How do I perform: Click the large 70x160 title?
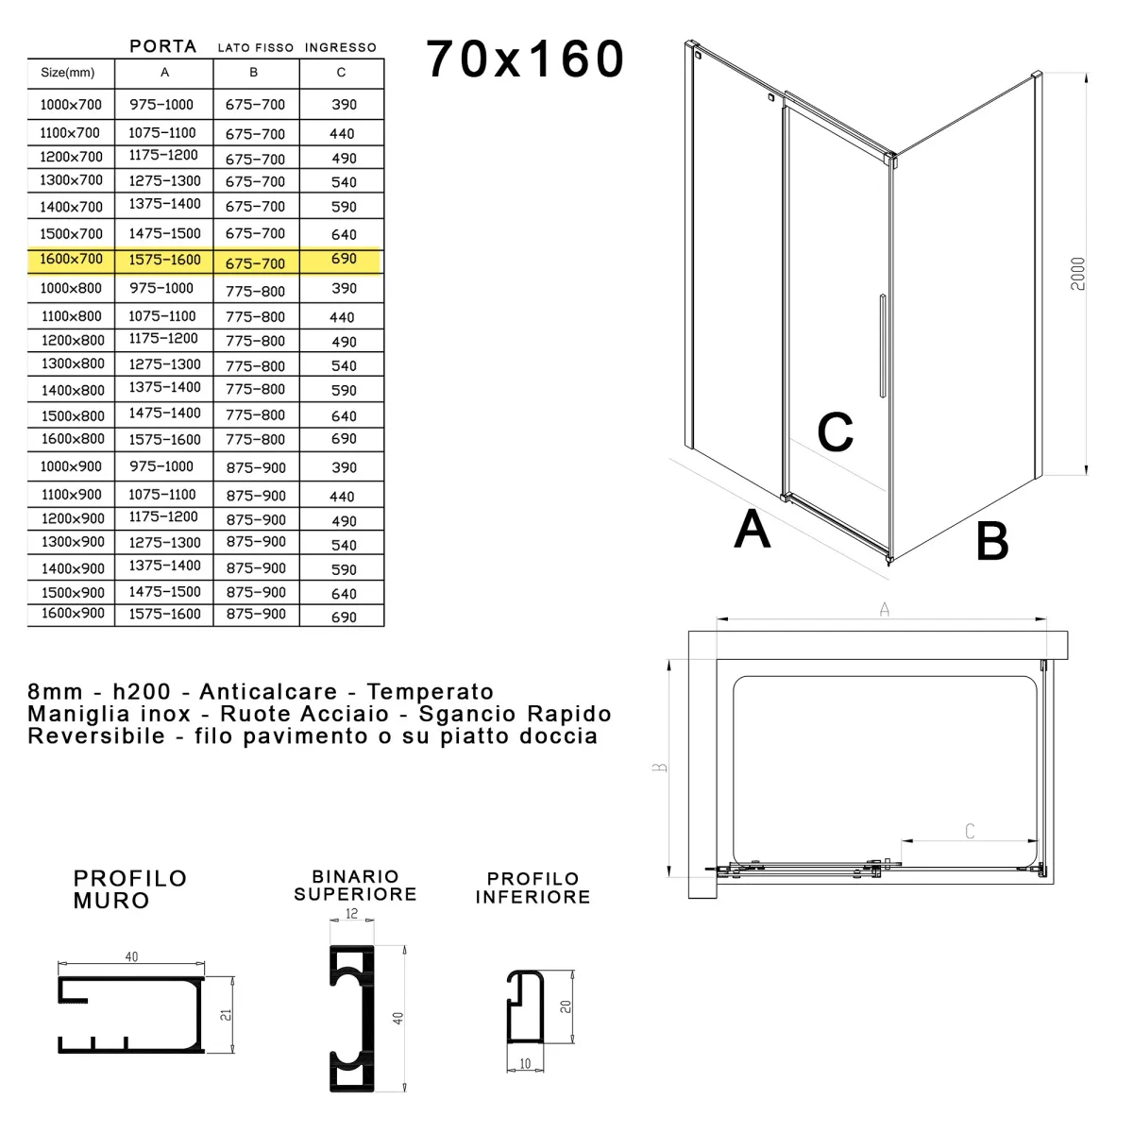point(525,59)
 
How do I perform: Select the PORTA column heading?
point(163,46)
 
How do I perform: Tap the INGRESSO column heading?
point(341,47)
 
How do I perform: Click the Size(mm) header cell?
point(68,73)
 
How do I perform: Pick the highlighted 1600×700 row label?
point(71,260)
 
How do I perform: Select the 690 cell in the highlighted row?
point(344,259)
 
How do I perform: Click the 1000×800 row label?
point(71,289)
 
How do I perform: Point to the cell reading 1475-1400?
point(164,414)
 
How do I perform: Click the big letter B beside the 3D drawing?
point(991,541)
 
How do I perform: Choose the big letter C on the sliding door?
point(836,432)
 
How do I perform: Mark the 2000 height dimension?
point(1080,274)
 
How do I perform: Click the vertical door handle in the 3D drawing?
point(882,346)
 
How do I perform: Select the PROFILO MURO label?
point(130,889)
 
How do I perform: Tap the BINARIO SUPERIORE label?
point(355,886)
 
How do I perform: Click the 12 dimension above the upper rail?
point(352,914)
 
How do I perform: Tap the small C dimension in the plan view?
point(970,831)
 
